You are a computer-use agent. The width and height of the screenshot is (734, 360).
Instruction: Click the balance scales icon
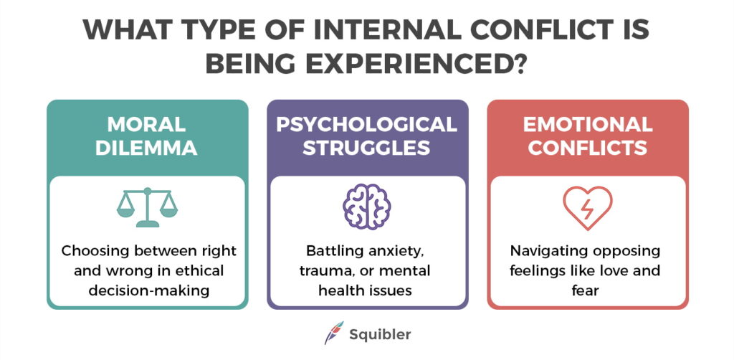(x=147, y=207)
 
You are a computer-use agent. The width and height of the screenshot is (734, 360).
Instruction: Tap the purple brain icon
(x=367, y=207)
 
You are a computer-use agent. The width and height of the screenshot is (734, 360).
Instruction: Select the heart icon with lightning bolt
(x=587, y=207)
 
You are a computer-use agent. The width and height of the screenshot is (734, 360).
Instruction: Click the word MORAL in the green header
(x=147, y=125)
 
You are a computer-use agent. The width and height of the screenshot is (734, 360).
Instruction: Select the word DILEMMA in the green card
(x=147, y=148)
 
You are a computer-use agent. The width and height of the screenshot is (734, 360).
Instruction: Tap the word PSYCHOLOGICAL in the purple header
(x=367, y=125)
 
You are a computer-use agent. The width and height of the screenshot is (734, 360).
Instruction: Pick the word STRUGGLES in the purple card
(x=367, y=148)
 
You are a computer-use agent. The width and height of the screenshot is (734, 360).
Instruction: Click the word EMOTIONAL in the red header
(x=587, y=125)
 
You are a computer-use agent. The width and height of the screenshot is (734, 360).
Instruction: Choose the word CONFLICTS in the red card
(x=587, y=148)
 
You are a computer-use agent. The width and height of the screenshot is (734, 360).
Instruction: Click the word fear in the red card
(x=587, y=290)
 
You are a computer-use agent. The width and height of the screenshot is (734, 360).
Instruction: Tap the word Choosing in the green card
(x=92, y=252)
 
